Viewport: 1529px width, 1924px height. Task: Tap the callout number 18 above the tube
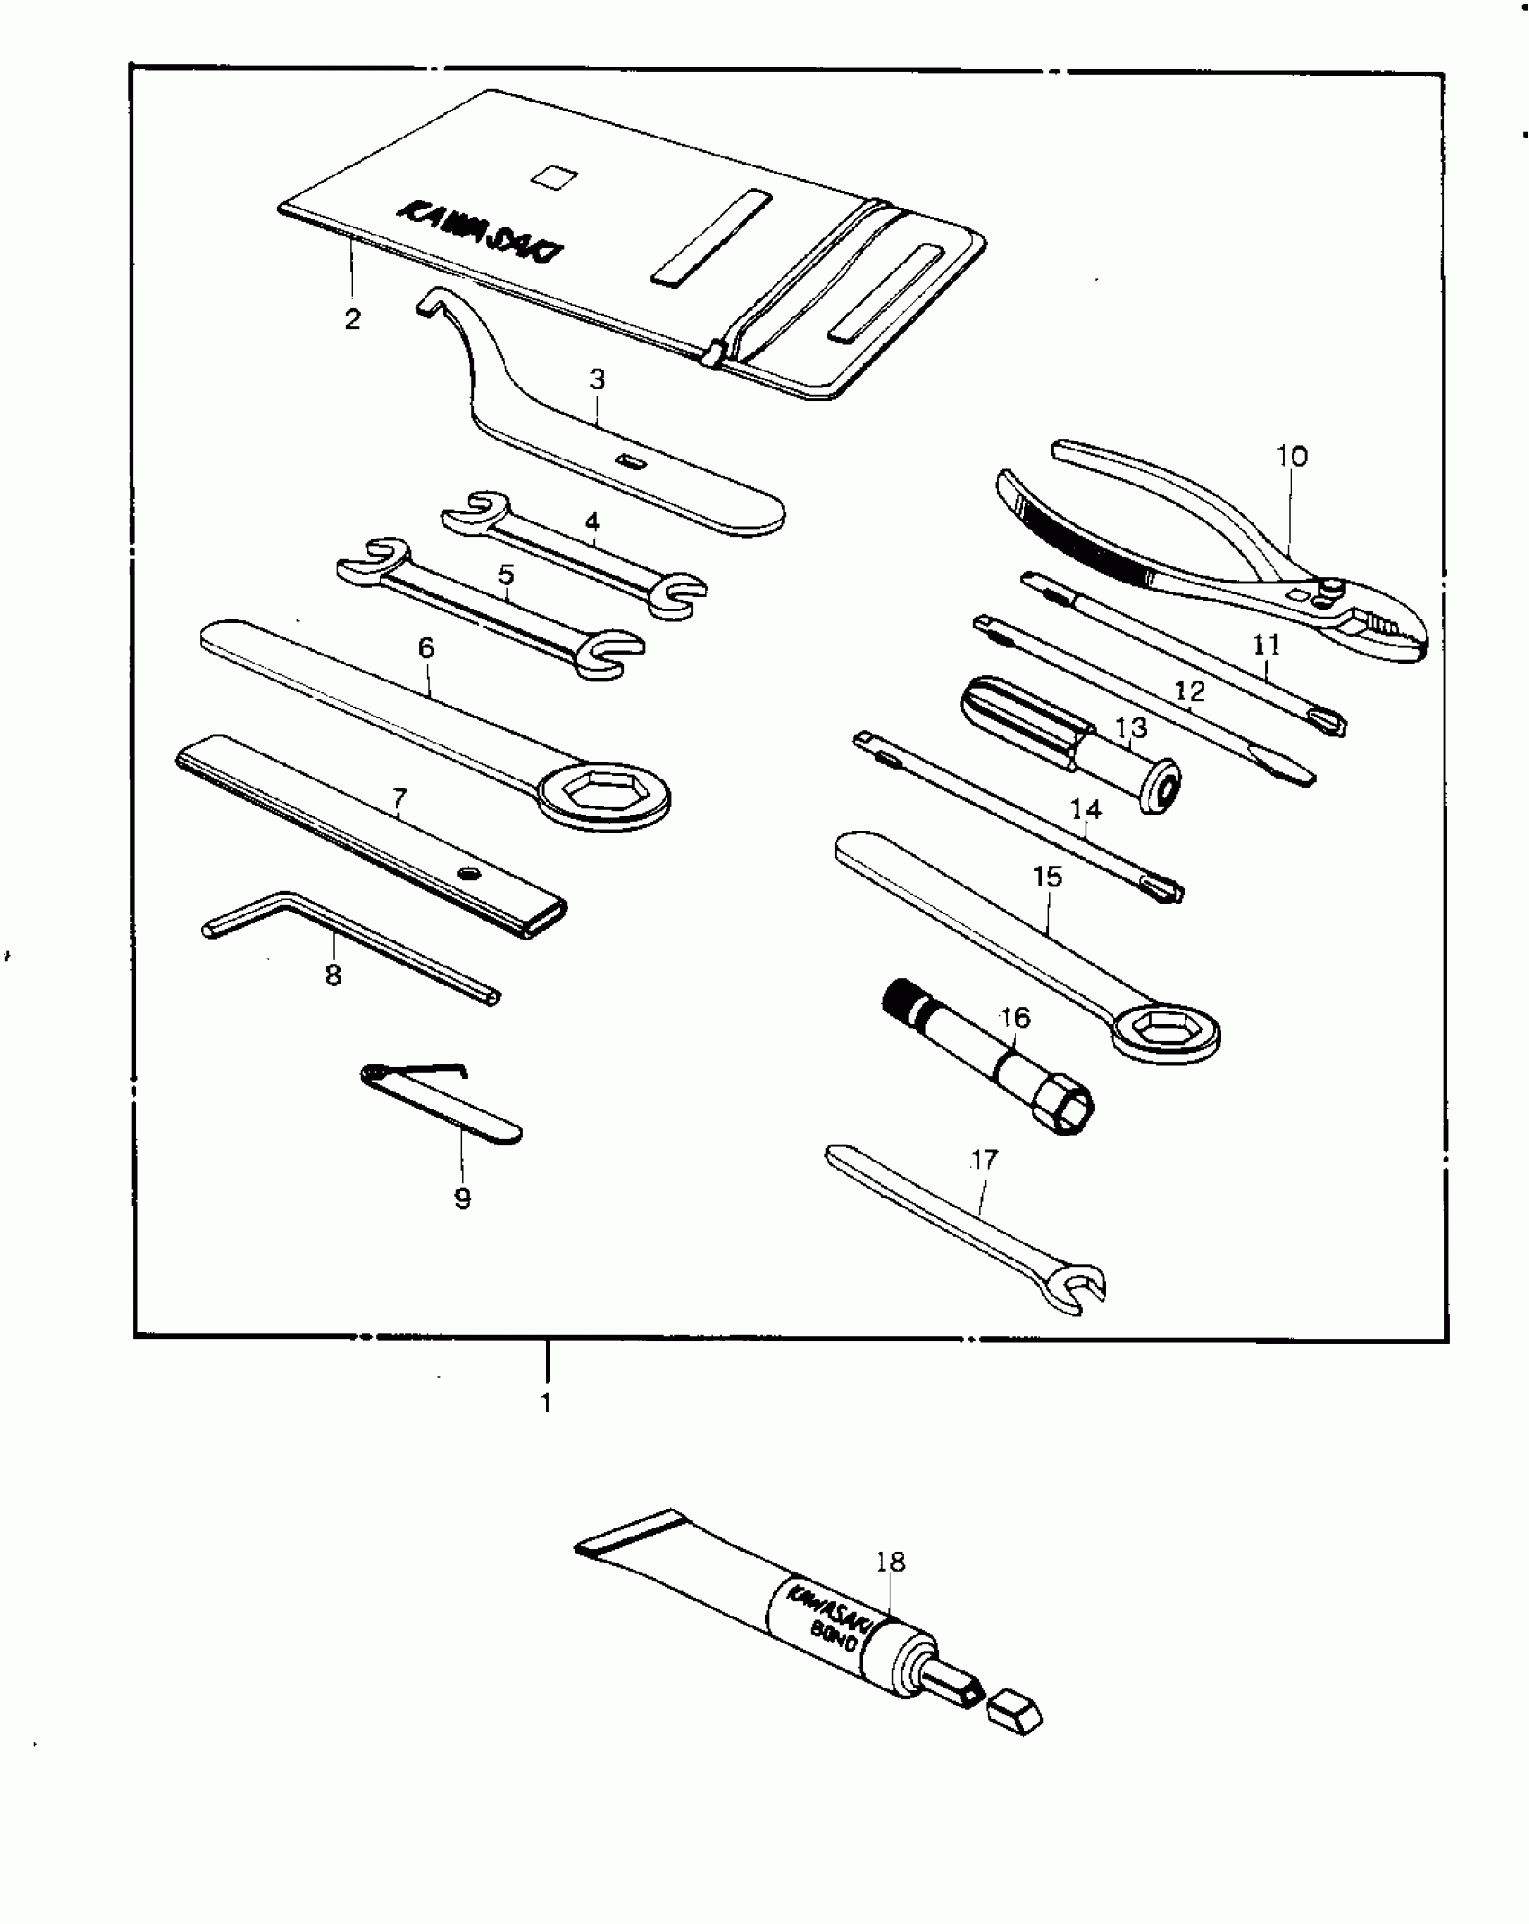890,1562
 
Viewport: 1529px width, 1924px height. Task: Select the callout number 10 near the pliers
1292,456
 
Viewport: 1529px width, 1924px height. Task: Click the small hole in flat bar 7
467,872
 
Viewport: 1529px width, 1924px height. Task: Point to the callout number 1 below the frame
545,1402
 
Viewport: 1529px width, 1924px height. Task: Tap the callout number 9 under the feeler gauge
462,1198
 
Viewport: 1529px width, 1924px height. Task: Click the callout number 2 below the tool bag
353,318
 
